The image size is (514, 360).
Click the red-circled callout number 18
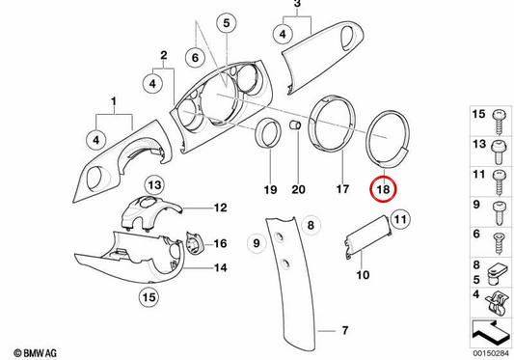pyautogui.click(x=383, y=189)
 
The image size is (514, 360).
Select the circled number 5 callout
pyautogui.click(x=227, y=23)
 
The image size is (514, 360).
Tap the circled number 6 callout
pyautogui.click(x=196, y=58)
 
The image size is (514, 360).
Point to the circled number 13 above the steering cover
pyautogui.click(x=154, y=185)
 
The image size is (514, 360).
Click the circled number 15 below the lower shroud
pyautogui.click(x=149, y=297)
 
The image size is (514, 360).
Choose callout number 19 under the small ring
pyautogui.click(x=270, y=189)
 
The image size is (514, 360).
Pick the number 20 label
pyautogui.click(x=298, y=189)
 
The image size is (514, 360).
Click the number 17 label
pyautogui.click(x=342, y=189)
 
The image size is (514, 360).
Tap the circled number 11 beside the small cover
pyautogui.click(x=400, y=219)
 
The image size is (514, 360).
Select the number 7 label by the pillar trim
pyautogui.click(x=345, y=330)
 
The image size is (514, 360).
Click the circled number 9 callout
pyautogui.click(x=257, y=243)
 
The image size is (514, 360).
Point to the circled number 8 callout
pyautogui.click(x=311, y=225)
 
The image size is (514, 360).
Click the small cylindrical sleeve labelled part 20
pyautogui.click(x=295, y=125)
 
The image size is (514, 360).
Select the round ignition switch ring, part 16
pyautogui.click(x=194, y=242)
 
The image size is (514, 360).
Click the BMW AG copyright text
pyautogui.click(x=35, y=353)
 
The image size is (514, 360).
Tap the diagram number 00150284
pyautogui.click(x=491, y=354)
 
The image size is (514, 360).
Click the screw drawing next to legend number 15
pyautogui.click(x=499, y=122)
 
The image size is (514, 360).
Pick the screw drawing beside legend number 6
pyautogui.click(x=499, y=243)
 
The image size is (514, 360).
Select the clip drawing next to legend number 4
pyautogui.click(x=496, y=304)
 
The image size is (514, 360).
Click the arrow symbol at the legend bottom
pyautogui.click(x=490, y=333)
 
